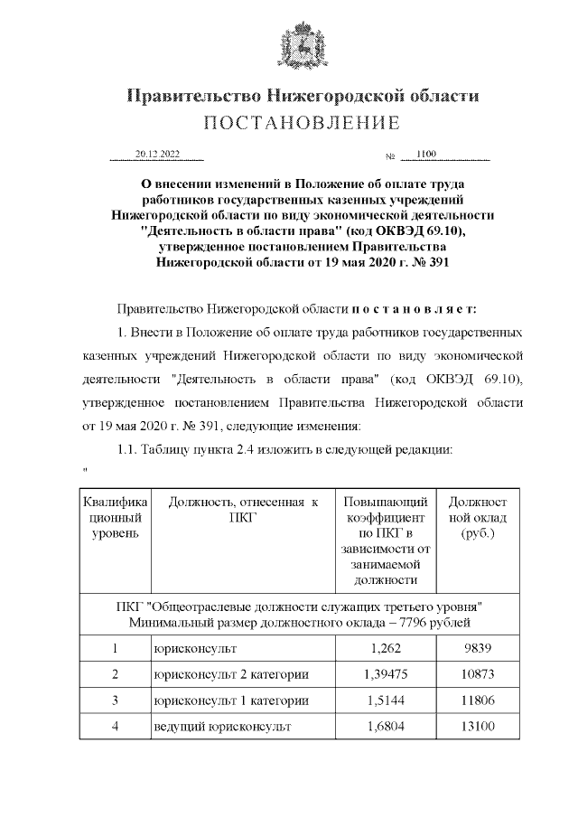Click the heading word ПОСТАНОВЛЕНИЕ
[302, 123]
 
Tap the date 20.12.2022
[157, 155]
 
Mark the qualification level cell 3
[115, 700]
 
